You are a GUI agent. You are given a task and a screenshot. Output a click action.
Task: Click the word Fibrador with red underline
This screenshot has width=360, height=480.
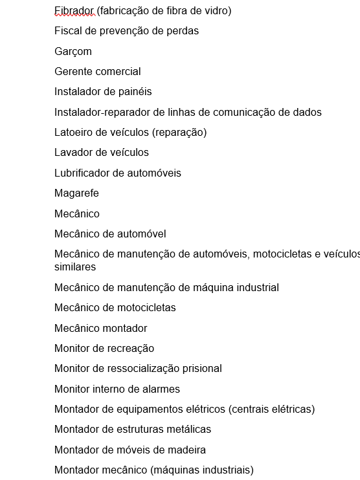tap(74, 10)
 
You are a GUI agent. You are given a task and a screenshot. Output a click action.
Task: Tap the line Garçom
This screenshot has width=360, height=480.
tap(73, 51)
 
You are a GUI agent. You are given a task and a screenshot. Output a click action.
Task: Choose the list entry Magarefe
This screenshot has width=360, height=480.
tap(76, 193)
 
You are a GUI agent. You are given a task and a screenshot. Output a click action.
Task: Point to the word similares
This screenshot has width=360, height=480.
tap(75, 267)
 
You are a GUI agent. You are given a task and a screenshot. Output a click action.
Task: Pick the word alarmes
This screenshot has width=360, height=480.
tap(158, 389)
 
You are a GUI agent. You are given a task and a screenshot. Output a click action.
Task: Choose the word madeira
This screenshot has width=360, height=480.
tap(185, 450)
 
